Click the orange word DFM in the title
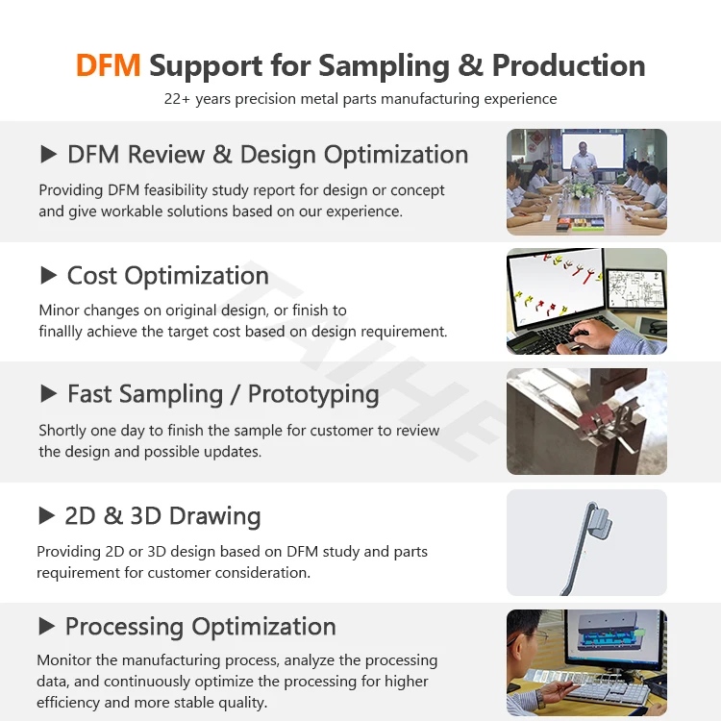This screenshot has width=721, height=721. click(108, 65)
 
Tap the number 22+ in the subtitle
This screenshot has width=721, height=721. click(177, 99)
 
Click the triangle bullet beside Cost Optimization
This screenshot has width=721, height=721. click(48, 275)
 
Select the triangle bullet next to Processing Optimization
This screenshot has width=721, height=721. click(47, 626)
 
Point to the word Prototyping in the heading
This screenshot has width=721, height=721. click(313, 395)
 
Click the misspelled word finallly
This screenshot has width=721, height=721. click(61, 332)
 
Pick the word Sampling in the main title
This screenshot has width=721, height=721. click(384, 66)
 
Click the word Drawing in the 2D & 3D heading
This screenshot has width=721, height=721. click(214, 517)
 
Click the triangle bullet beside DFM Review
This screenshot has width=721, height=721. click(48, 154)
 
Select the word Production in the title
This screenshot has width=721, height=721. click(569, 65)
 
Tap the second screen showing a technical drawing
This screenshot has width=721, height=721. click(636, 288)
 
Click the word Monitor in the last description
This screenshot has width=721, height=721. click(64, 660)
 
